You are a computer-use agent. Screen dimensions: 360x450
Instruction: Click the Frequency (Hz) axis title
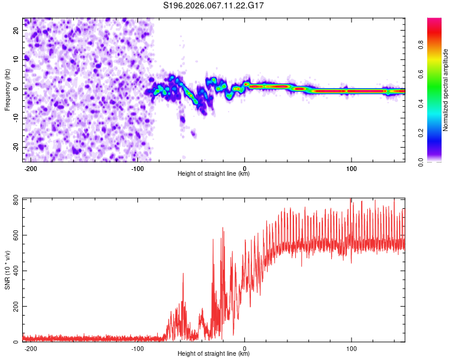pos(8,89)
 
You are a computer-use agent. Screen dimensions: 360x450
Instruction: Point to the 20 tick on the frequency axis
pos(16,31)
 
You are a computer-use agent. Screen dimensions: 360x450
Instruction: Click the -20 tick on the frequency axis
pos(15,147)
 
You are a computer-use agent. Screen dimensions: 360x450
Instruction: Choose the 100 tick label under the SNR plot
pos(351,347)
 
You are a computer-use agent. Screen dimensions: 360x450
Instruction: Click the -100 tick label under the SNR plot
pos(137,347)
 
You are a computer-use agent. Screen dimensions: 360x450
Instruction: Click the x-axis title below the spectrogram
pos(214,173)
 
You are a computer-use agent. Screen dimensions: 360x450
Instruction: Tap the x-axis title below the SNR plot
pos(214,353)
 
